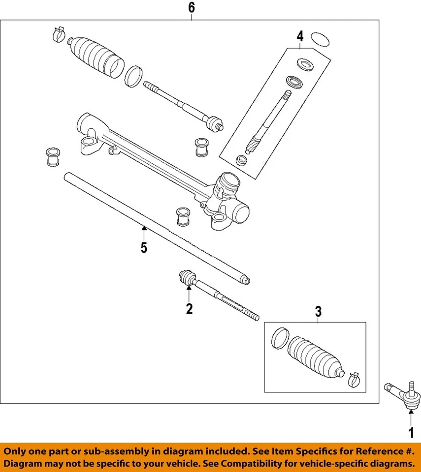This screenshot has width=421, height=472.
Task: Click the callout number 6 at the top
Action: point(192,8)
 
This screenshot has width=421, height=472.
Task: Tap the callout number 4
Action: point(300,36)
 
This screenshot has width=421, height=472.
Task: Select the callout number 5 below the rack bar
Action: point(143,247)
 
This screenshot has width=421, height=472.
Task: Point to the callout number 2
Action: point(189,309)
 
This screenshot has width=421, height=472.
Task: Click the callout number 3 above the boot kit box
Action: point(318,311)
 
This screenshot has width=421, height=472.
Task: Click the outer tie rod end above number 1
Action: point(403,394)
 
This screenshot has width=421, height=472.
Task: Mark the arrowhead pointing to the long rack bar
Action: point(143,228)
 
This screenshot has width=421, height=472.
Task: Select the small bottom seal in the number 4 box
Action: point(241,160)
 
